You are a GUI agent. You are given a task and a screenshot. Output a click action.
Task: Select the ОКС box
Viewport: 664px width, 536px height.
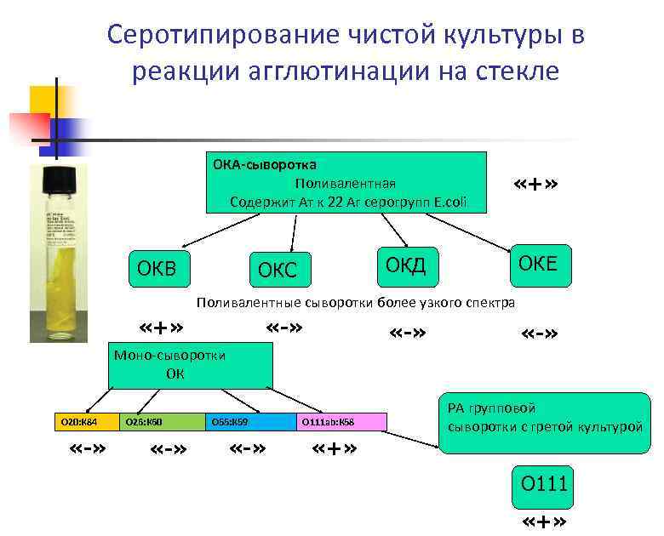(x=278, y=271)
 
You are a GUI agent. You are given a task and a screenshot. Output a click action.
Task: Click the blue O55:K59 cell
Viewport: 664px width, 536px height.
(x=250, y=422)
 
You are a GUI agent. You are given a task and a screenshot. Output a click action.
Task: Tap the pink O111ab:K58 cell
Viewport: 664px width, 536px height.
(x=341, y=422)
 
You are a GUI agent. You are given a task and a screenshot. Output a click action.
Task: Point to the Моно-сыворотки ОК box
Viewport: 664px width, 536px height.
(x=191, y=366)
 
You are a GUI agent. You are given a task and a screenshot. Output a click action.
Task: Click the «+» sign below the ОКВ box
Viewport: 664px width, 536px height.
(x=162, y=329)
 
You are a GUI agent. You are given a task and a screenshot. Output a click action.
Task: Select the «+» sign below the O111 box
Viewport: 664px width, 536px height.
(x=544, y=522)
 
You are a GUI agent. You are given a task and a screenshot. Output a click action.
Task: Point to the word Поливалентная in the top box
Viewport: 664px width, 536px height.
(x=345, y=184)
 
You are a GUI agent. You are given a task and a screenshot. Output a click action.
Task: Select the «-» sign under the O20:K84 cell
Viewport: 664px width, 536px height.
(x=88, y=448)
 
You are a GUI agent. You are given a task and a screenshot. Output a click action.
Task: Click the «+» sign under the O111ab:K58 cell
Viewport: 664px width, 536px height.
(x=335, y=448)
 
